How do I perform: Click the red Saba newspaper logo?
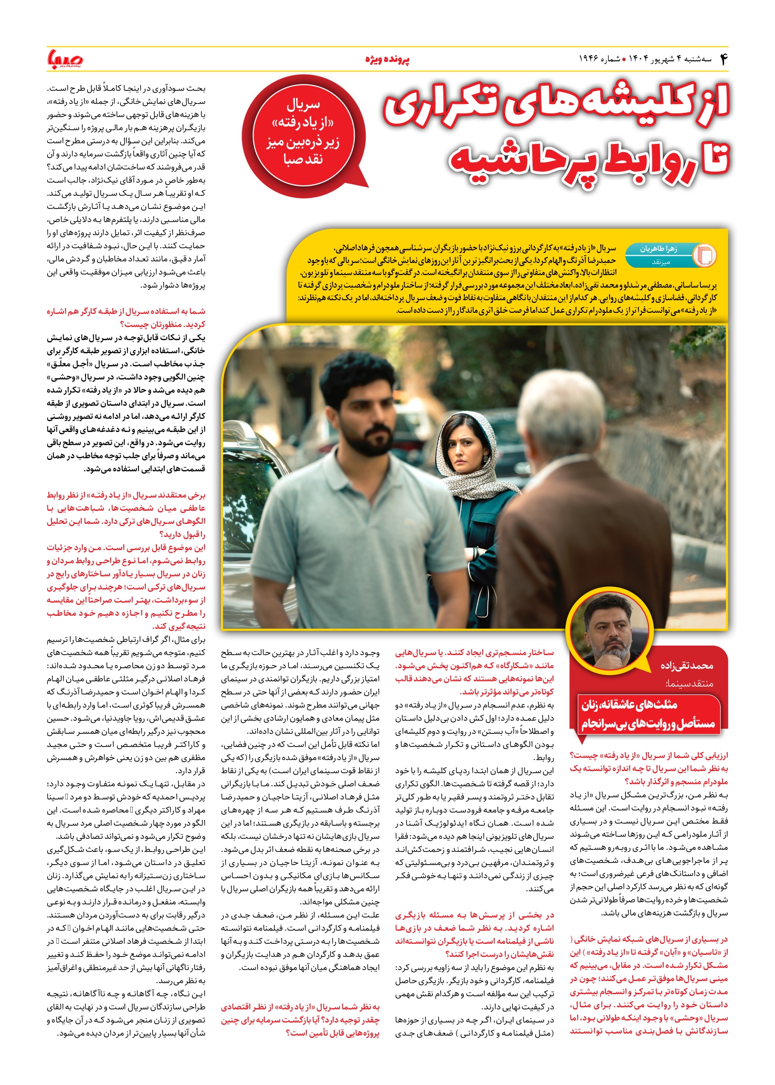[65, 59]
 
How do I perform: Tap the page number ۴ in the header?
[724, 59]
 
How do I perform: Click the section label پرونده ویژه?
[387, 60]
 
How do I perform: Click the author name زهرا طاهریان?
[658, 249]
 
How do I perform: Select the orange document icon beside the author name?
[704, 255]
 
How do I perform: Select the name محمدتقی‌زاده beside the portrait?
[686, 666]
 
